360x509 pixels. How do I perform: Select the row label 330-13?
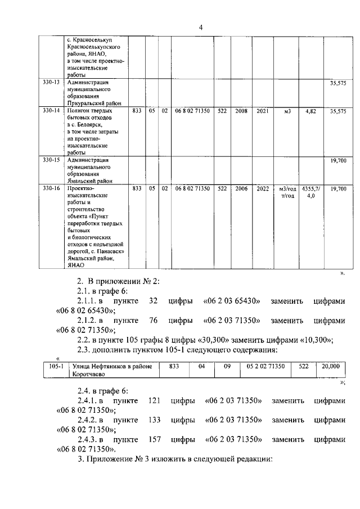coord(51,82)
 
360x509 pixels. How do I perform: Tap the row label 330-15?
coord(51,160)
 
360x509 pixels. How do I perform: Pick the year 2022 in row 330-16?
coord(263,189)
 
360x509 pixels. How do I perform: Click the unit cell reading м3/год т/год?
coord(287,192)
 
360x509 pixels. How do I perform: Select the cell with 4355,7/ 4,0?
coord(310,192)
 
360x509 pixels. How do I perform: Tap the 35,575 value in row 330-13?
coord(338,83)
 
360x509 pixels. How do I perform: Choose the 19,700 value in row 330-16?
coord(338,189)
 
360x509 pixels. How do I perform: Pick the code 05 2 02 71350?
coord(265,366)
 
